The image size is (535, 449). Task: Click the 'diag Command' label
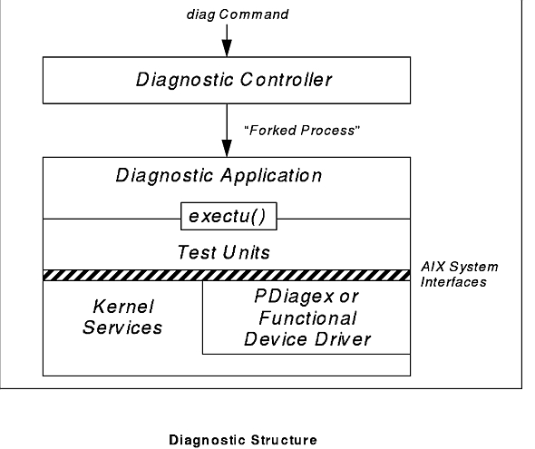point(238,15)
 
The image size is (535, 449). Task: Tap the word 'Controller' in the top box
point(286,80)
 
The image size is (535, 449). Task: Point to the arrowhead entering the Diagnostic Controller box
point(227,48)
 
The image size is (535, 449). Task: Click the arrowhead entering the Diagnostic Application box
point(227,149)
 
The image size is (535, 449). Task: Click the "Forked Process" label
point(302,131)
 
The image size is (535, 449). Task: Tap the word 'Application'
point(271,176)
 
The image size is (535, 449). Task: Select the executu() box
point(229,216)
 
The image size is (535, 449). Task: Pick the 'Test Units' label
point(224,252)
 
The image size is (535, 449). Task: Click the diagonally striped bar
point(227,276)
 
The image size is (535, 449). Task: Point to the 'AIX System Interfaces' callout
point(459,274)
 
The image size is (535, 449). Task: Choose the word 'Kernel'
point(123,307)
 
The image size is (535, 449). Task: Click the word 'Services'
point(122,327)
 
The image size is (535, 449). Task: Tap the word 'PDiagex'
point(294,297)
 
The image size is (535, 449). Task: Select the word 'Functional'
point(307,318)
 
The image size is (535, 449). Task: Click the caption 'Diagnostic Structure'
point(243,440)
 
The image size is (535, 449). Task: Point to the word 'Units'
point(246,252)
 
